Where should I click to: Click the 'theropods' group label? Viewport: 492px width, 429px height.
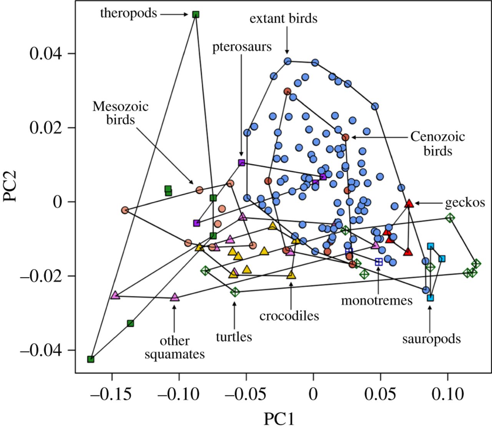coord(128,13)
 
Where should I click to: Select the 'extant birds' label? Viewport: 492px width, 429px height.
coord(283,18)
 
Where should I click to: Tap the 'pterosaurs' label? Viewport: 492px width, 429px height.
coord(242,47)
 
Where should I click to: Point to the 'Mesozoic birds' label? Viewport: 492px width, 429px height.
coord(120,113)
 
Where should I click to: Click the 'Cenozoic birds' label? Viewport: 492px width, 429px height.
coord(437,143)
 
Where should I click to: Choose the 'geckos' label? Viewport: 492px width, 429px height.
coord(465,202)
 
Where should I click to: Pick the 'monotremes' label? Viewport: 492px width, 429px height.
coord(377,300)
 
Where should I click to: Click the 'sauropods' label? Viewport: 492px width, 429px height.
coord(431,339)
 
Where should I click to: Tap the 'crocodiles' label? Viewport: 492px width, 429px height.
coord(289,316)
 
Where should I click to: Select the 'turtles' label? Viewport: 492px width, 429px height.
coord(234,337)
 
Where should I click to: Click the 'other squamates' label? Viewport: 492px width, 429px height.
coord(175,348)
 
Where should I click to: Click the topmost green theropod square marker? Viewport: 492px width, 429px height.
coord(196,15)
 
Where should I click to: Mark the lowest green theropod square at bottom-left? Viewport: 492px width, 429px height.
coord(91,359)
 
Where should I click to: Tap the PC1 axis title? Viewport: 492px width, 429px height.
coord(279,419)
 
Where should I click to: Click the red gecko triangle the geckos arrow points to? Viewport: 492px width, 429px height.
coord(409,203)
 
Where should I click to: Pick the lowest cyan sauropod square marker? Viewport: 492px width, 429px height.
coord(430,298)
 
